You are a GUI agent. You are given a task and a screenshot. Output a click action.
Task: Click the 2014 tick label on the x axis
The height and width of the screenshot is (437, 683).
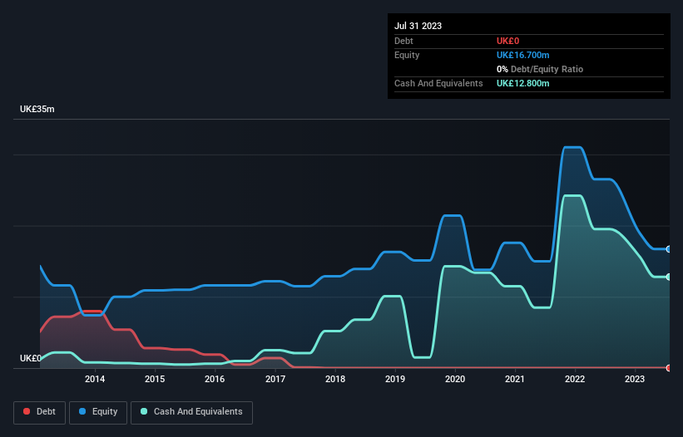pos(95,379)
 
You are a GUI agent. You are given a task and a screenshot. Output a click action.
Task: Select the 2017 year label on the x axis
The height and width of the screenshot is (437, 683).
pos(275,379)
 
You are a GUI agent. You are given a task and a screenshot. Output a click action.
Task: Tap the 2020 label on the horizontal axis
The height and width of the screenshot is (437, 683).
pos(455,379)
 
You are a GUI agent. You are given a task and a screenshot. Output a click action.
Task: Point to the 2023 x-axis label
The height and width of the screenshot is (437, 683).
pos(636,379)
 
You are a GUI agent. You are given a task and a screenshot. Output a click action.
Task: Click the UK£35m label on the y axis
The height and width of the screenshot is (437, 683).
pos(37,110)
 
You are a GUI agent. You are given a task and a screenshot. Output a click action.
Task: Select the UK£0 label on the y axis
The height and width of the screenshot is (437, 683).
pos(31,358)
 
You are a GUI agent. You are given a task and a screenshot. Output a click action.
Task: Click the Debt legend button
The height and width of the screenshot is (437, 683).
pos(40,412)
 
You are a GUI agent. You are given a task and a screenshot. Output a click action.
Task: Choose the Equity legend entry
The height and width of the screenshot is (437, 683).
pos(99,412)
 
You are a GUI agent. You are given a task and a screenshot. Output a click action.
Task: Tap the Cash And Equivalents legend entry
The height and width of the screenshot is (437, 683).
pos(191,412)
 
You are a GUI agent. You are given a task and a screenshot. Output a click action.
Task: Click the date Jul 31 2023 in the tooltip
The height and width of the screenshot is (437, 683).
pos(418,26)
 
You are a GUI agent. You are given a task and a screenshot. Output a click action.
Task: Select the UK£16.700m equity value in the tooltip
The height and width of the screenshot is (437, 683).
pos(523,55)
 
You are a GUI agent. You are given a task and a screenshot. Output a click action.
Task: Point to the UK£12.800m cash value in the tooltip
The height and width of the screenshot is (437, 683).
pos(523,83)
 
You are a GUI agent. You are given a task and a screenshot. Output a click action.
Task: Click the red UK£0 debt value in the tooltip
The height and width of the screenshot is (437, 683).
pos(508,41)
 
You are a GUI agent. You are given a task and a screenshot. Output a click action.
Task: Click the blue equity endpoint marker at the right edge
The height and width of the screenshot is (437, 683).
pos(668,249)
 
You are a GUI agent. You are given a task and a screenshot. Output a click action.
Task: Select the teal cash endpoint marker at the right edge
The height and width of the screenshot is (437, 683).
pos(668,277)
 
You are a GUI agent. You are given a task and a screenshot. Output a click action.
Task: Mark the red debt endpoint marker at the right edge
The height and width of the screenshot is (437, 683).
pos(668,367)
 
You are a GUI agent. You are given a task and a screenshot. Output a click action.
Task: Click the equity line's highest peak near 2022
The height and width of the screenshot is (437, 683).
pos(572,148)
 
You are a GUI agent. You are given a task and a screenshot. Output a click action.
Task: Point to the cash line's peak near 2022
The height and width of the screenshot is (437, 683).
pos(572,196)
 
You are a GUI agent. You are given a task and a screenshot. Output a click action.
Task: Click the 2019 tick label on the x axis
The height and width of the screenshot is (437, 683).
pos(395,379)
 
